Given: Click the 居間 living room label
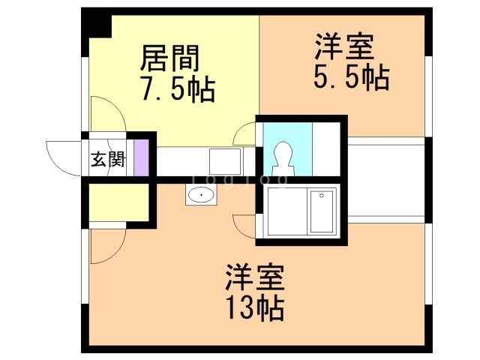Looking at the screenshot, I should (x=169, y=57).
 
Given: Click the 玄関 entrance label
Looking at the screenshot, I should (x=107, y=159).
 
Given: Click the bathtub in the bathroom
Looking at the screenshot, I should (x=322, y=211).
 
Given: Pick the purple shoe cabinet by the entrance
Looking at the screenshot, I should (x=140, y=159).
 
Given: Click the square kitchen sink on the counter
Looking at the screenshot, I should (x=224, y=160).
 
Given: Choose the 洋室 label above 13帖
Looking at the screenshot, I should (x=254, y=278).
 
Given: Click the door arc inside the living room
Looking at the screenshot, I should (x=106, y=115).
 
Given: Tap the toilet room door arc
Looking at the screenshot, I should (x=244, y=135).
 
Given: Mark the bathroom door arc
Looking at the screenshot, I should (x=244, y=224).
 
